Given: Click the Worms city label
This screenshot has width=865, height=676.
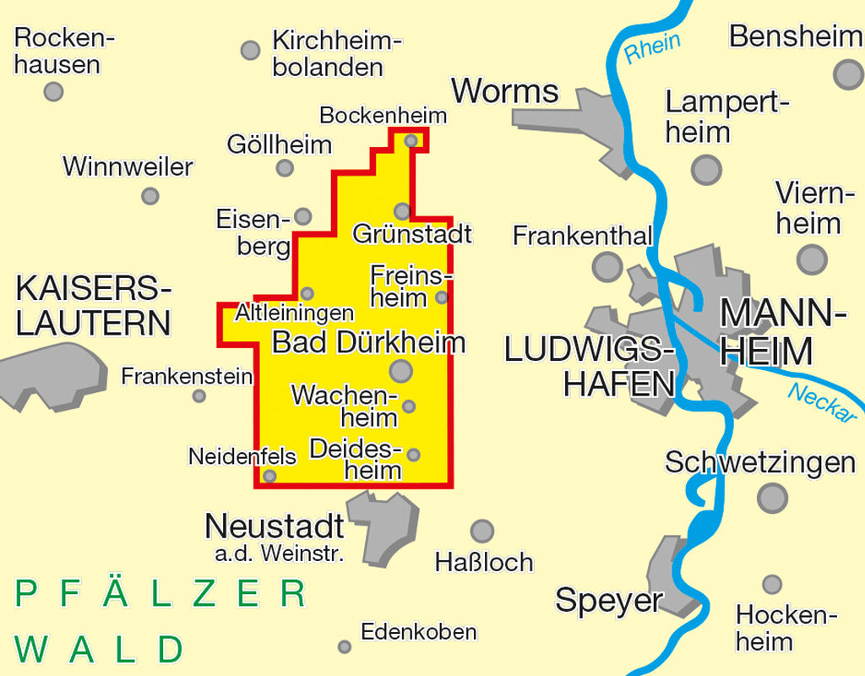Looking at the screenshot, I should [x=505, y=91].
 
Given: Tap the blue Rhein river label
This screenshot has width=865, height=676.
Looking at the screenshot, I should [x=652, y=46].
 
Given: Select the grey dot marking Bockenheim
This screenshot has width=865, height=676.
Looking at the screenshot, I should [x=411, y=140].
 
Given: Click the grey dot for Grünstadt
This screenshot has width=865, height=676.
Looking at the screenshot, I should [x=402, y=210].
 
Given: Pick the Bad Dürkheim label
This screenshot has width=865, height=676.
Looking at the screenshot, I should [x=368, y=342].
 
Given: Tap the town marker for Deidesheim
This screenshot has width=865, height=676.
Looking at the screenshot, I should [x=413, y=455].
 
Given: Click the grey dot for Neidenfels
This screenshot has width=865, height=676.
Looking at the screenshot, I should [x=269, y=476].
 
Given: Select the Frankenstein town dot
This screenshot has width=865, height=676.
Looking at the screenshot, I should [x=199, y=395].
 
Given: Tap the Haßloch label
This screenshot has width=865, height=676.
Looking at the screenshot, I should [x=484, y=562].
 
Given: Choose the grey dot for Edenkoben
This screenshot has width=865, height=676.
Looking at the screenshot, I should [x=345, y=646].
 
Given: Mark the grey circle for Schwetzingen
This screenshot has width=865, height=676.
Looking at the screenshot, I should [x=772, y=498].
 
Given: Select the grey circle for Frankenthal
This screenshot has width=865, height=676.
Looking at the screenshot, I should [x=607, y=267].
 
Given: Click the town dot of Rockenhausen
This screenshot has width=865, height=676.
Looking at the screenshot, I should [x=53, y=91].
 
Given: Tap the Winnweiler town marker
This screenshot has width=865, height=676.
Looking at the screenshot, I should [x=150, y=196].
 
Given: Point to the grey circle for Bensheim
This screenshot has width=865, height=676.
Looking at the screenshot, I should [x=848, y=74].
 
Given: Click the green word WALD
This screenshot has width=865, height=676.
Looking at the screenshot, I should [x=100, y=650].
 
